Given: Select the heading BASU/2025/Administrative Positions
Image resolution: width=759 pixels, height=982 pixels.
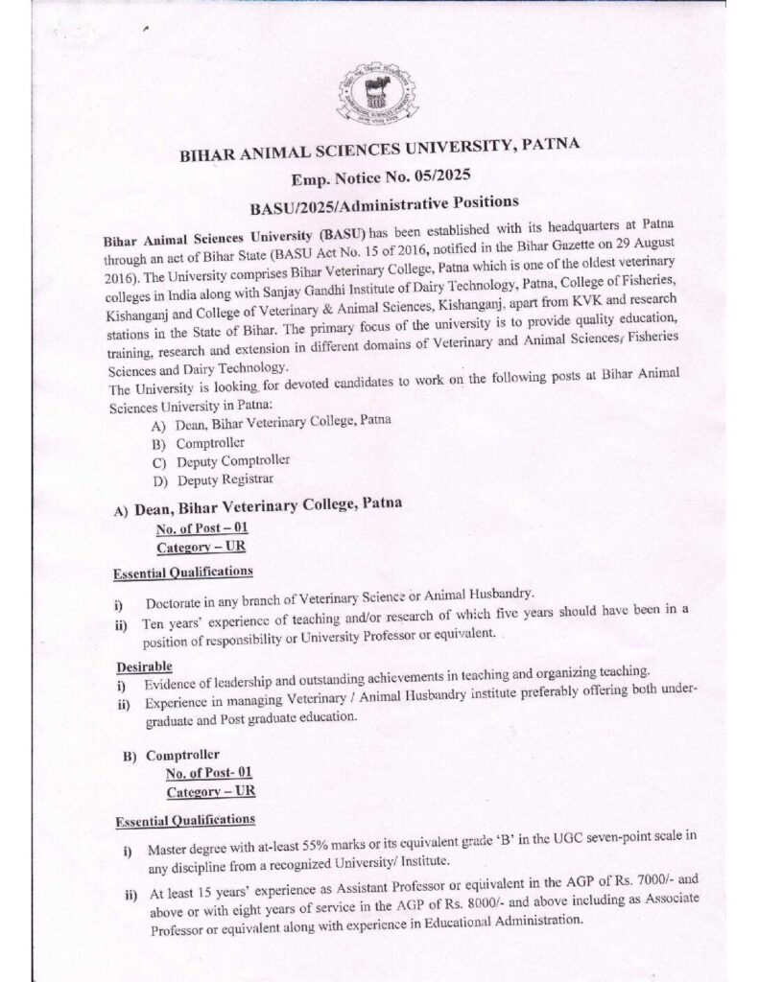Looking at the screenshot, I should coord(370,202).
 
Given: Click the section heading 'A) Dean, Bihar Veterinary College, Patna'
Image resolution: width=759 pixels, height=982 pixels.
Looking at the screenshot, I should coord(258,506).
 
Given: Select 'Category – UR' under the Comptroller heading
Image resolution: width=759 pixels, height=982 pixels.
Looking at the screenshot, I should coord(211,792).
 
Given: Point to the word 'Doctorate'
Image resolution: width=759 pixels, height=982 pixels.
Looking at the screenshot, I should coord(178,602).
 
